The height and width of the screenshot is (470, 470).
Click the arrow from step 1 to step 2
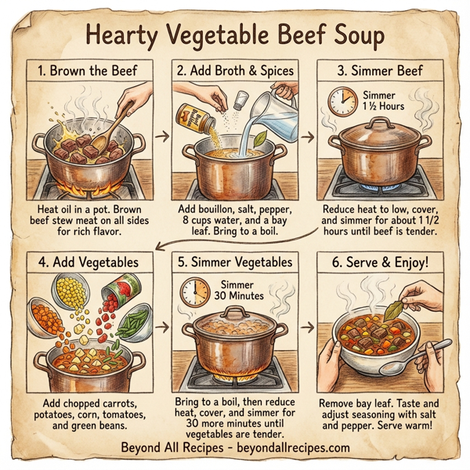(x=162, y=138)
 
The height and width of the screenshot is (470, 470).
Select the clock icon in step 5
(x=195, y=291)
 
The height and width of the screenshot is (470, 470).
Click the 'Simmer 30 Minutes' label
(x=239, y=291)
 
